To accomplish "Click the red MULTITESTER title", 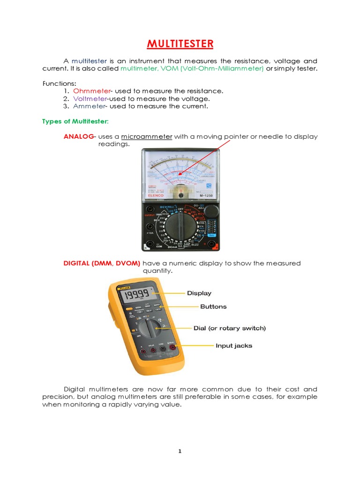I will (180, 45).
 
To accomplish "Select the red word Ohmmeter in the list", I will (91, 90).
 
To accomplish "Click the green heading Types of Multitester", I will (75, 121).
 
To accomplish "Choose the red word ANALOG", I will (78, 136).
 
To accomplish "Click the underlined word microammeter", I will (147, 136).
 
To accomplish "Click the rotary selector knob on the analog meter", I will (180, 227).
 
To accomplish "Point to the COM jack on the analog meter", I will (150, 244).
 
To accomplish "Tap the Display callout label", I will (199, 293).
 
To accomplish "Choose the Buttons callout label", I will (213, 307).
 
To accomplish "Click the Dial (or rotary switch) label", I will (230, 328).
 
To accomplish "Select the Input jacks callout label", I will (233, 346).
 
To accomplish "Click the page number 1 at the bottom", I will (180, 451).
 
